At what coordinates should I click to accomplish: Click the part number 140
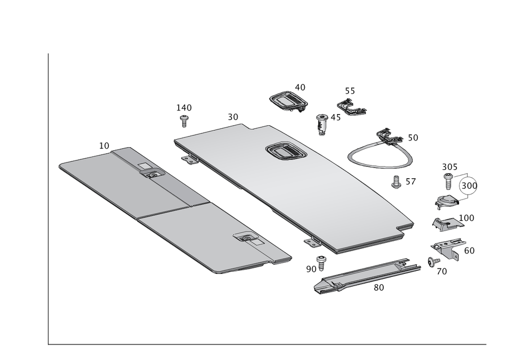coord(184,107)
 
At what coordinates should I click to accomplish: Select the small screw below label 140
coord(184,121)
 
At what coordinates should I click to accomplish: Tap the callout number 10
coord(104,146)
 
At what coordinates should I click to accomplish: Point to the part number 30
coord(233,117)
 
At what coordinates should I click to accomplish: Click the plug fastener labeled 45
coord(322,122)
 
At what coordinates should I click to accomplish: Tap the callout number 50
coord(412,138)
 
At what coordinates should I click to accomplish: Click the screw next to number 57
coord(395,182)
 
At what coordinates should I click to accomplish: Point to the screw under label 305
coord(448,179)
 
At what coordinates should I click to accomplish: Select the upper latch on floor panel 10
coord(152,175)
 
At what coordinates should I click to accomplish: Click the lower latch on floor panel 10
coord(246,238)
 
